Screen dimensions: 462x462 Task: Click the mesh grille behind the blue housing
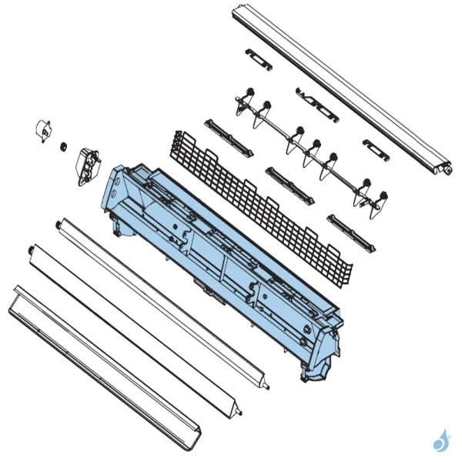tap(262, 204)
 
